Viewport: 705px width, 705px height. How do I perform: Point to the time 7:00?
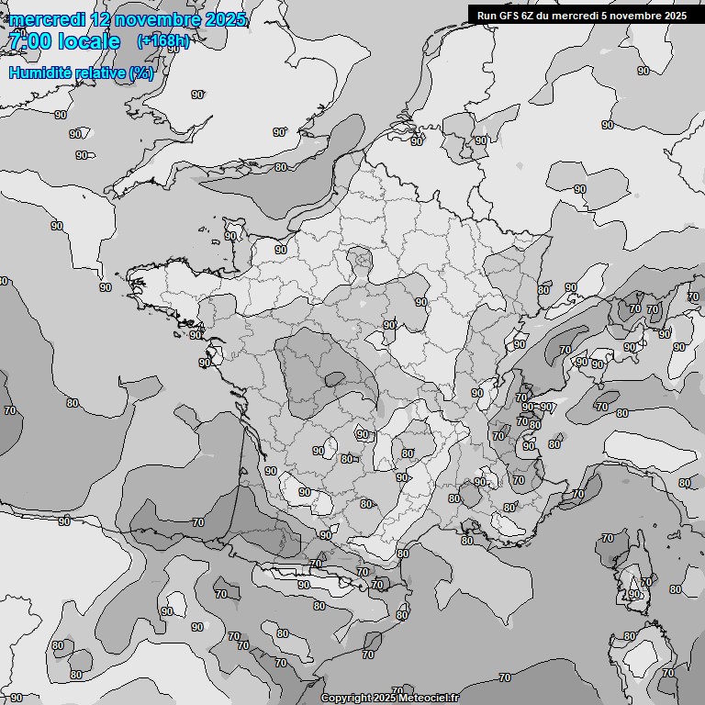[x=29, y=41]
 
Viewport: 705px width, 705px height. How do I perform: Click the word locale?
[x=89, y=41]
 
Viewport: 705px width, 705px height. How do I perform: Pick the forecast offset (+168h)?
[x=163, y=41]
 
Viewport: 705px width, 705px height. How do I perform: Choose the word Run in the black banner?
[x=487, y=15]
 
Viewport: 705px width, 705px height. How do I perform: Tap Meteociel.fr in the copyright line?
[x=429, y=699]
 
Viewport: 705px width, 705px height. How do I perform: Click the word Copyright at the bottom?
[x=347, y=699]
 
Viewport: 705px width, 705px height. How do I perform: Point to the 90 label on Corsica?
[x=634, y=595]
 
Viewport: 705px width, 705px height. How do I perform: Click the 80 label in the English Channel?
[x=280, y=167]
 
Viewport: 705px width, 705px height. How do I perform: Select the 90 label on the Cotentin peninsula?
[x=230, y=236]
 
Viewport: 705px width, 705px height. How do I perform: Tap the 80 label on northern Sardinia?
[x=630, y=636]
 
